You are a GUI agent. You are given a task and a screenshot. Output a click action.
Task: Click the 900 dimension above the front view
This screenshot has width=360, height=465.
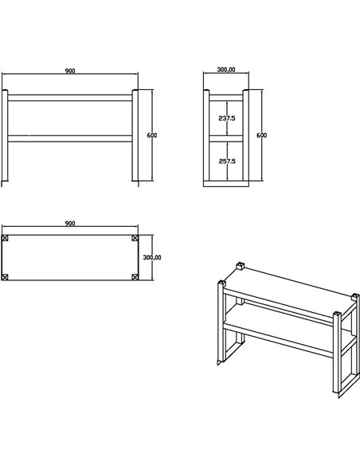tap(70, 71)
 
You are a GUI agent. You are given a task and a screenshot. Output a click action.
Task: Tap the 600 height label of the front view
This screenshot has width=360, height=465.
tap(152, 135)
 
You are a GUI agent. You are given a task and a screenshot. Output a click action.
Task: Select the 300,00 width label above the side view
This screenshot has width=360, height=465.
tap(226, 70)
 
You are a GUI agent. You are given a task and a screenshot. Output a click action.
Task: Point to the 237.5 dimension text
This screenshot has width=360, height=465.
tap(227, 119)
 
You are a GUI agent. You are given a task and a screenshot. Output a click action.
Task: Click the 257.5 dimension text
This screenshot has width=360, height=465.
tap(227, 162)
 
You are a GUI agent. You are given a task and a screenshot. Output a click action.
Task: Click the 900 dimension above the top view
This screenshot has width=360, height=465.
tap(70, 224)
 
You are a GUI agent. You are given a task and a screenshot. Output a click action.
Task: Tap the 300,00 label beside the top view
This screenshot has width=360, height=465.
tap(152, 257)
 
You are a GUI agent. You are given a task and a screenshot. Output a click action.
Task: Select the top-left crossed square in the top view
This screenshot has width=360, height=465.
tap(6, 238)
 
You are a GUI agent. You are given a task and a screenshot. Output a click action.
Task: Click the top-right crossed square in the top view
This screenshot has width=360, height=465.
tap(135, 238)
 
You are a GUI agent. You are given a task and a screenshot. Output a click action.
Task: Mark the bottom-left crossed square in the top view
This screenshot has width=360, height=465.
tap(6, 276)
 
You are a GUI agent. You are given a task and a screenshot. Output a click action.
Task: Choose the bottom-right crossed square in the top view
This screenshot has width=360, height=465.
tap(135, 276)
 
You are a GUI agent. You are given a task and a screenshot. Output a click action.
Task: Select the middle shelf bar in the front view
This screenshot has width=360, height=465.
tap(70, 139)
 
